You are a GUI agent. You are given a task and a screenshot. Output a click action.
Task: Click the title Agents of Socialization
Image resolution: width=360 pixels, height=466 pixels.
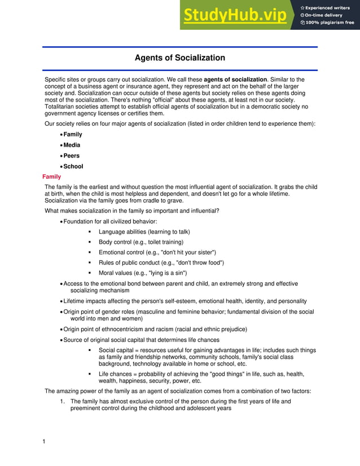(x=179, y=58)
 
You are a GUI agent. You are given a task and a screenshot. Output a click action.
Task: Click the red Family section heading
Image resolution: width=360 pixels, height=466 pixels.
(x=51, y=177)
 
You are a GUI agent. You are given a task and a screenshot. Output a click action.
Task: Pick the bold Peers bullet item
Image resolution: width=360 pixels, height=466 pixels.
(x=72, y=156)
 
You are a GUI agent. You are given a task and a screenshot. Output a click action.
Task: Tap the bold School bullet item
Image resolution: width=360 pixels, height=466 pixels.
(x=73, y=166)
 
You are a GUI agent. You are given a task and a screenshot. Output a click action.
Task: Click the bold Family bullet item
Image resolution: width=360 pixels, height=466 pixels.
(x=73, y=134)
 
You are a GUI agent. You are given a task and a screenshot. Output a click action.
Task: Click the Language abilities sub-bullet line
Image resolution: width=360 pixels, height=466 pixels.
(x=144, y=232)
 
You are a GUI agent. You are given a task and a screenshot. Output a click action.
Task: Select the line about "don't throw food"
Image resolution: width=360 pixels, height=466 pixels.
(x=161, y=263)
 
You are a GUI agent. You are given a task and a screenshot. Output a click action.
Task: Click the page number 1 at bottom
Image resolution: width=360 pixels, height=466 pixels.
(x=44, y=441)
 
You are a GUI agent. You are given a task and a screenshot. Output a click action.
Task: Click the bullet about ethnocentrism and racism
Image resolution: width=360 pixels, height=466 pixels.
(x=155, y=329)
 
